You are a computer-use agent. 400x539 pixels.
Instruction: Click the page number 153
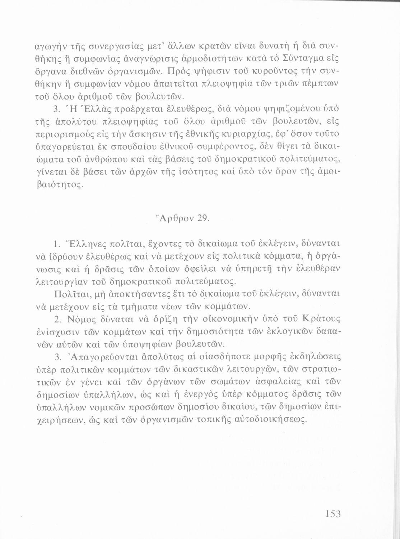coord(333,514)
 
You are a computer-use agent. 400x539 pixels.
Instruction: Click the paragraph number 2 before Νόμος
coord(56,319)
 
